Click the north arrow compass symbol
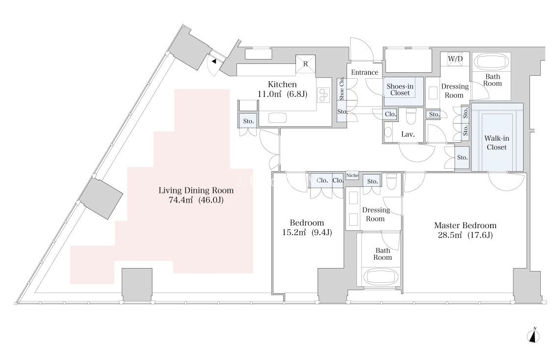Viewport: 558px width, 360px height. pos(533,335)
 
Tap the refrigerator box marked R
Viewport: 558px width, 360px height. pos(305,64)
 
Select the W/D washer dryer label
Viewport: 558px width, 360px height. pos(455,59)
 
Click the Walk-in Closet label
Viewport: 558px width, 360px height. pos(497,143)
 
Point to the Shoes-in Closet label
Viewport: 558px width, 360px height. pos(400,90)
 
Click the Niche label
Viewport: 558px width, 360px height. pos(352,175)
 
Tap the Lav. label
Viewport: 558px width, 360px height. pos(408,134)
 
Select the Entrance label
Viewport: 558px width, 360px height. pos(364,72)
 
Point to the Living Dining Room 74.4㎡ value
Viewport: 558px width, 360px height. pos(180,200)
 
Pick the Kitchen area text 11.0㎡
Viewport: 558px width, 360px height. pos(269,94)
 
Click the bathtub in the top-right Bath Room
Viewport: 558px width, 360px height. pos(492,61)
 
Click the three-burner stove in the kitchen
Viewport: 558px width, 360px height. pos(324,95)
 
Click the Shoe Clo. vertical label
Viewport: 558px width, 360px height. pos(342,89)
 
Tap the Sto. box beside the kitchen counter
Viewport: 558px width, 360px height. pos(248,121)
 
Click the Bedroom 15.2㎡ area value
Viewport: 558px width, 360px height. pos(294,233)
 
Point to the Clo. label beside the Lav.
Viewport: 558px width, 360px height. pos(390,114)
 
